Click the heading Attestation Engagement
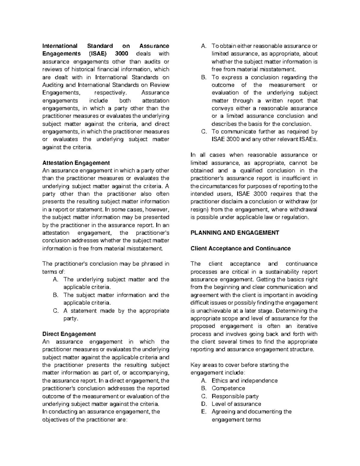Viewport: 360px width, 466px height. click(x=76, y=163)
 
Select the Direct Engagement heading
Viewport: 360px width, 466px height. click(x=69, y=334)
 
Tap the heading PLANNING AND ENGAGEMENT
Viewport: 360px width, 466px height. click(x=235, y=233)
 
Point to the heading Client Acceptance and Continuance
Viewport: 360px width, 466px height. click(x=241, y=248)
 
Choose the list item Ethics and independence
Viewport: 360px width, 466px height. click(x=244, y=380)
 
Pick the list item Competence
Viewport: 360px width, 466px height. click(x=228, y=388)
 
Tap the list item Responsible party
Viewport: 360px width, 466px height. click(x=235, y=396)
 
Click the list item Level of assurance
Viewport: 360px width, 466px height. click(x=236, y=404)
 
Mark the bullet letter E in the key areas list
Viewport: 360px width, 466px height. click(x=204, y=412)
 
